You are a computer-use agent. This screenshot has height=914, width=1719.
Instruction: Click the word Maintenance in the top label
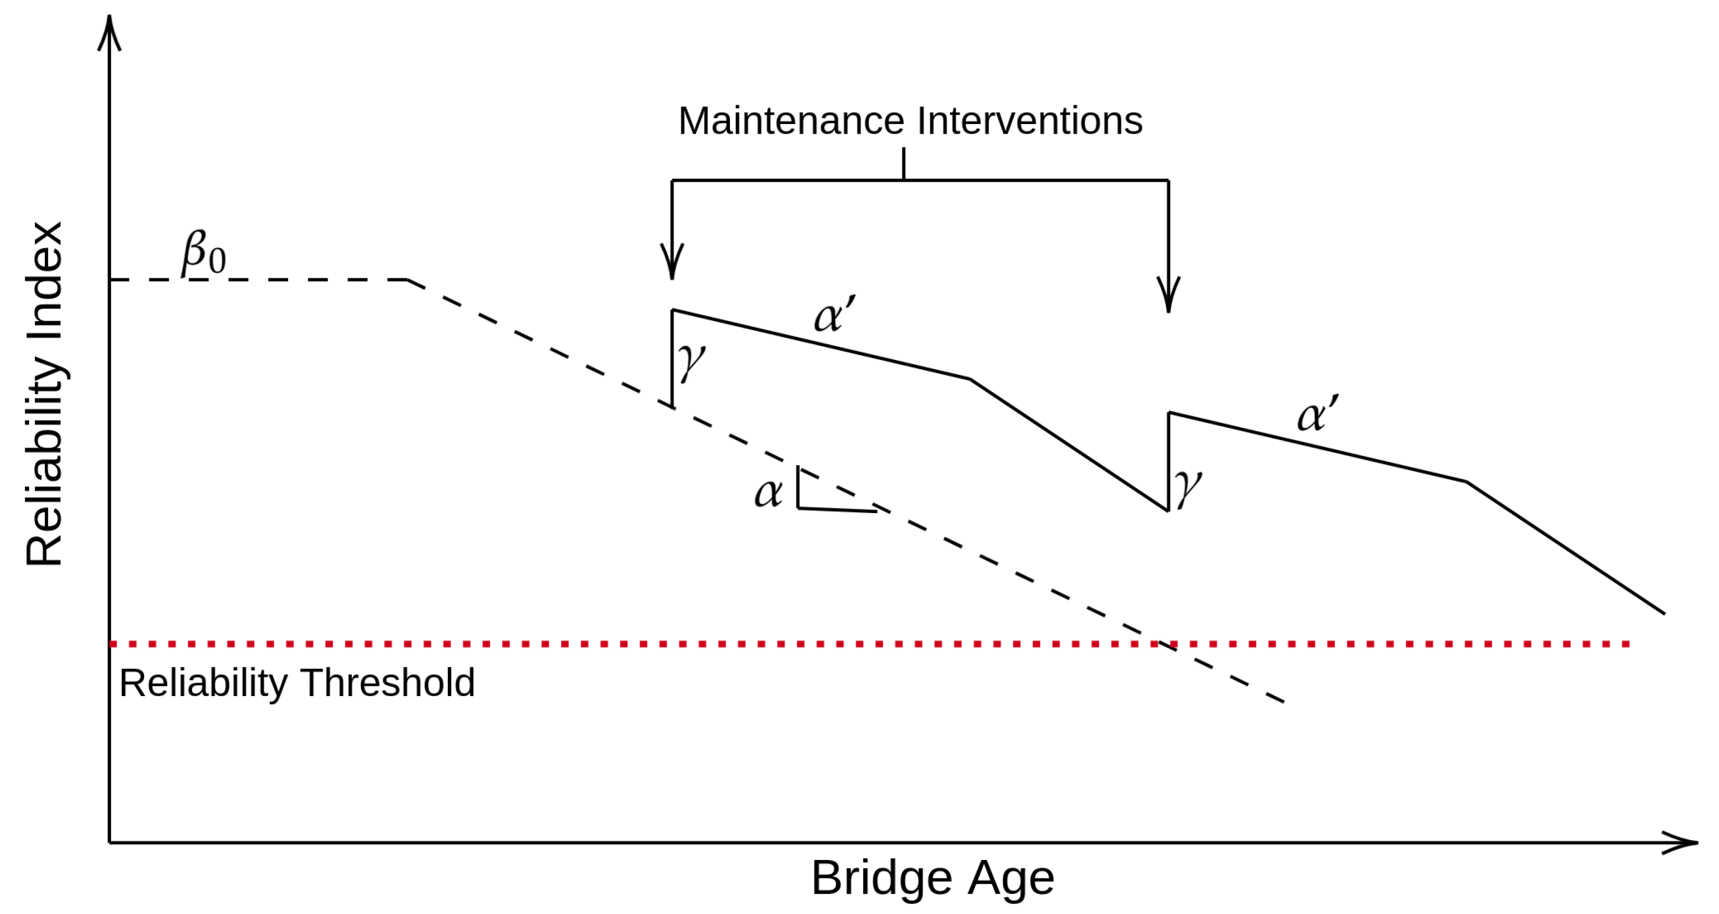[x=792, y=121]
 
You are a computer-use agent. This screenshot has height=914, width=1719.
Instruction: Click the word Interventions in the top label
[x=1029, y=121]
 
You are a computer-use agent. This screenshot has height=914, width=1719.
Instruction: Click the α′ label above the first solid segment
[x=834, y=315]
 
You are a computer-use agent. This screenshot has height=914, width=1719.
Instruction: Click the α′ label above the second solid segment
[x=1317, y=414]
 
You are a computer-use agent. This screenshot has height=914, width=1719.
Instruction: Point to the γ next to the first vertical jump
[x=691, y=361]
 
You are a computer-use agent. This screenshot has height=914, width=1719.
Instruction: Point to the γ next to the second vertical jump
[x=1188, y=487]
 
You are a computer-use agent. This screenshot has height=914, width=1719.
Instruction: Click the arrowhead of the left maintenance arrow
[x=672, y=263]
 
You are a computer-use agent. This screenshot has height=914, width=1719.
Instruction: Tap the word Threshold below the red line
[x=388, y=683]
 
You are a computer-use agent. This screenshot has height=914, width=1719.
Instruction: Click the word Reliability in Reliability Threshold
[x=203, y=683]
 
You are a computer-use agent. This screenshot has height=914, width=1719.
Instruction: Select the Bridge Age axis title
[x=932, y=878]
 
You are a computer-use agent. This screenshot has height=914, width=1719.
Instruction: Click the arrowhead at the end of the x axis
[x=1682, y=843]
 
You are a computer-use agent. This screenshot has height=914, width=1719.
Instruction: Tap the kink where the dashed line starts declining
[x=408, y=279]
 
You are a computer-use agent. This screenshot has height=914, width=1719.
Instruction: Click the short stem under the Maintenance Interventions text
[x=904, y=163]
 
